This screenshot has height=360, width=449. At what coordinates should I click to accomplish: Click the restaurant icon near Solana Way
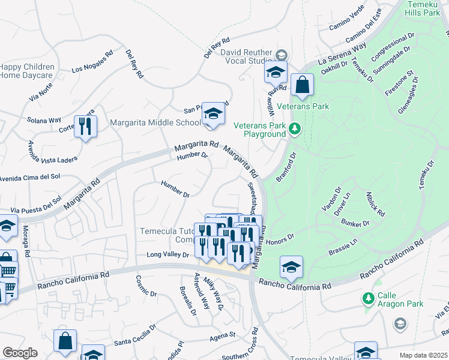tap(85, 127)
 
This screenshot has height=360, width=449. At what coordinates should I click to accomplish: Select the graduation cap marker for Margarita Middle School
tap(212, 113)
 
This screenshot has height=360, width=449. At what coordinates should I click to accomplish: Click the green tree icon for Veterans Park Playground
tap(294, 128)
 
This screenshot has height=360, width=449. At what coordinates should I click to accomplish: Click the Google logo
tap(20, 353)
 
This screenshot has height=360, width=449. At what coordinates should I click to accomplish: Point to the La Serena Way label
tap(342, 53)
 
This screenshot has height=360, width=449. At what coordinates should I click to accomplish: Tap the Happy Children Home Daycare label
tap(27, 71)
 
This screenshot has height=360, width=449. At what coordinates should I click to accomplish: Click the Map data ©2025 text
tap(424, 355)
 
